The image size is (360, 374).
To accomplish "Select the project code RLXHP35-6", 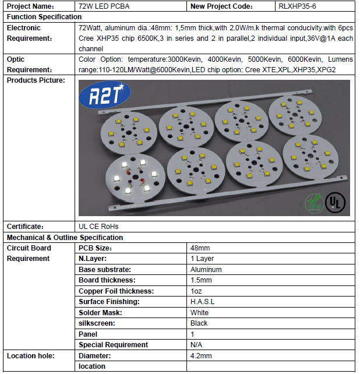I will point(299,6).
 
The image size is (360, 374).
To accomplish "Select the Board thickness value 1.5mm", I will point(201,280).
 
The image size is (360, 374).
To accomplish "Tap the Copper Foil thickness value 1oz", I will point(197,291).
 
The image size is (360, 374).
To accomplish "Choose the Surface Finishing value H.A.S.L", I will point(202,302).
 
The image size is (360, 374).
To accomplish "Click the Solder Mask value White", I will point(199,313).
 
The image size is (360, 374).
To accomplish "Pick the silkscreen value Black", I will point(199,323).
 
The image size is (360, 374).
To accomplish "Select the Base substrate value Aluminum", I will point(206,270).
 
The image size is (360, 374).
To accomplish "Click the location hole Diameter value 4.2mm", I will point(201,355).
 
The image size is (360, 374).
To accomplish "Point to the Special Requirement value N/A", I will point(196,345).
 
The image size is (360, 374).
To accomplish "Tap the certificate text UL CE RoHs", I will point(102,227).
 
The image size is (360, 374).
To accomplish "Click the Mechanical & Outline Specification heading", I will point(65,238).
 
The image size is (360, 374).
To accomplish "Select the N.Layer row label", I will point(93,259).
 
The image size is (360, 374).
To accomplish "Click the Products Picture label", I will point(36,80).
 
